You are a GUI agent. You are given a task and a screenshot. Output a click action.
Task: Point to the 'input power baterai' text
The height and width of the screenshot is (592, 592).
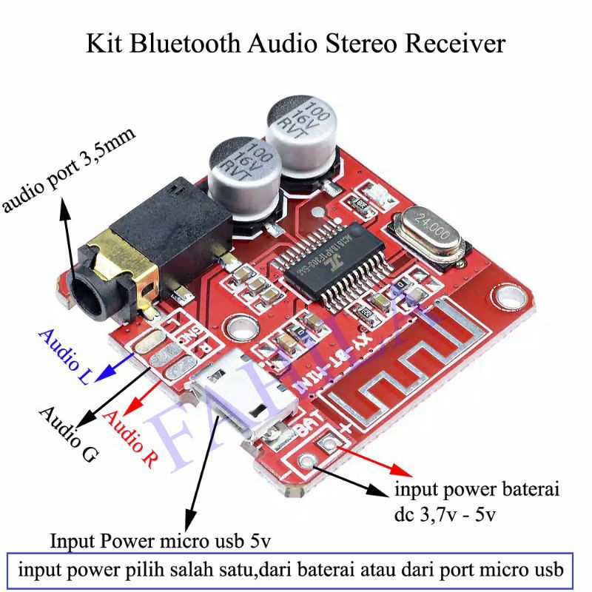[477, 491]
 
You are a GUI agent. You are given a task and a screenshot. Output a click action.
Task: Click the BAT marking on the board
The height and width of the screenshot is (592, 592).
[308, 430]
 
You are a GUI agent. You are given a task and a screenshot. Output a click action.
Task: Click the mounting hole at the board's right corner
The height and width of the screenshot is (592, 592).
[509, 297]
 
